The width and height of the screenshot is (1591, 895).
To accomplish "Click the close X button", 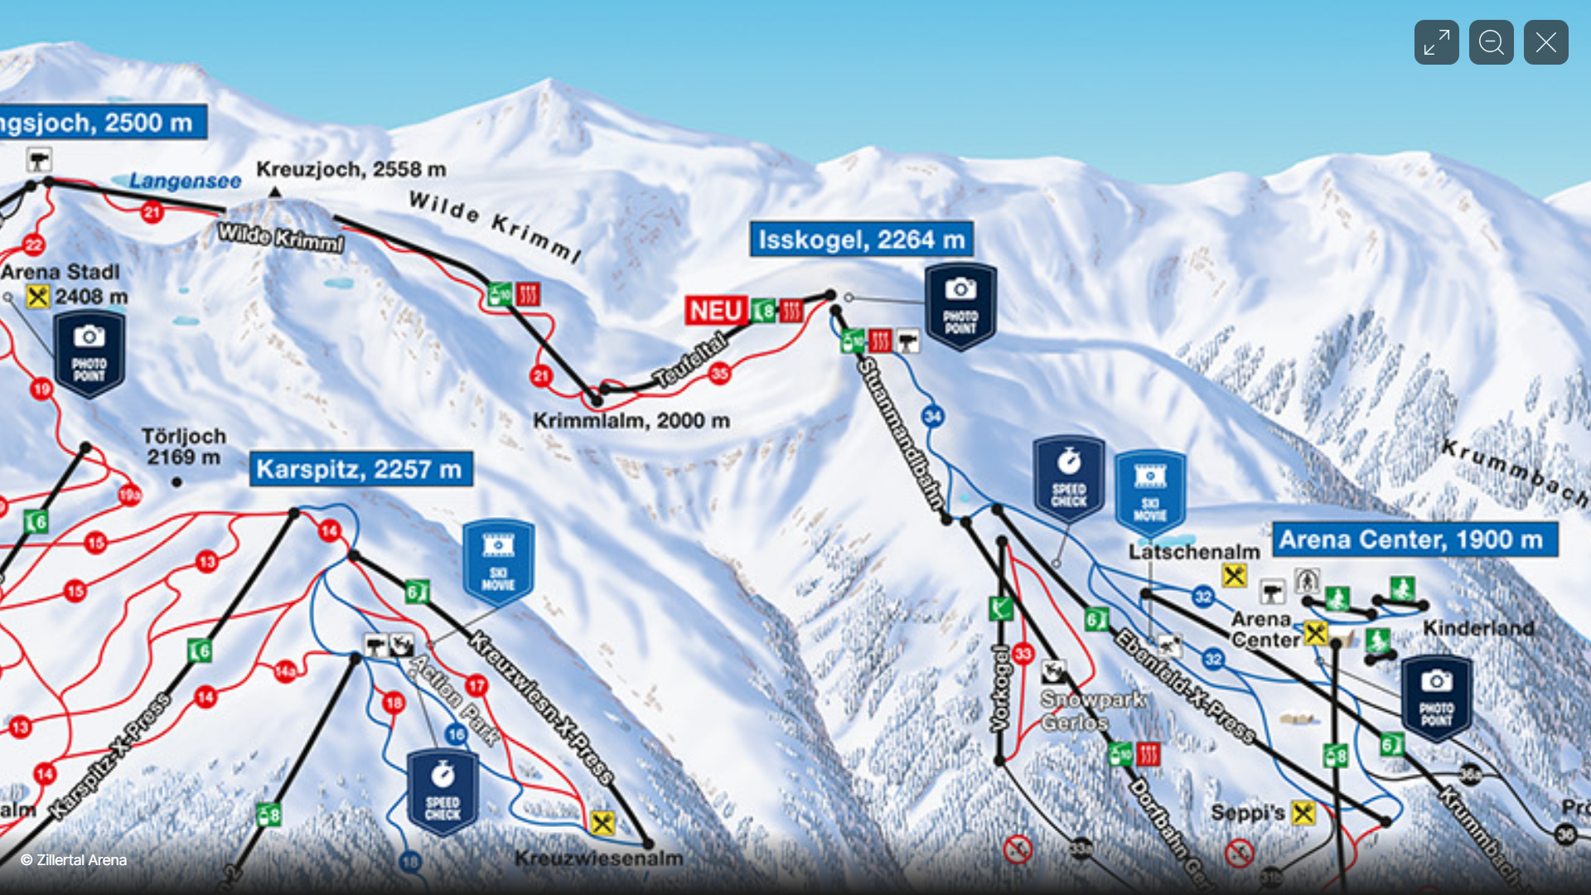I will point(1545,42).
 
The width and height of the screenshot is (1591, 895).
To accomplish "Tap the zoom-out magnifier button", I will point(1491,42).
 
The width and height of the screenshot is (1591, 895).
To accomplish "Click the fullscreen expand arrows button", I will point(1436,42).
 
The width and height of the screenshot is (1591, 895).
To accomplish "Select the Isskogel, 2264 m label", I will point(861,239).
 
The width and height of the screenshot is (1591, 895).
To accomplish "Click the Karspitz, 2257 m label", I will point(360,469).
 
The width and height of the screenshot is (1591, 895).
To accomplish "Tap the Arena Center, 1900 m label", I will point(1414,539).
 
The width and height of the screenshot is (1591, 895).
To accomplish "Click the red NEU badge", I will point(716,311).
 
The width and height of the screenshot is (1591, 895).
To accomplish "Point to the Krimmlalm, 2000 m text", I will point(631,421).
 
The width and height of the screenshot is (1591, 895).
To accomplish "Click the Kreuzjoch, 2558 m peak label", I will point(351,169).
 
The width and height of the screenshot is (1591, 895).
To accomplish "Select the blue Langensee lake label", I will point(186,181).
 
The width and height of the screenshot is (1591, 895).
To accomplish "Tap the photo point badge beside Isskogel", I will point(960,307).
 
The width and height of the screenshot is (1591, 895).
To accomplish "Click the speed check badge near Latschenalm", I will point(1068,478).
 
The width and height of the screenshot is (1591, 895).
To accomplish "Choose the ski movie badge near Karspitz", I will point(498,562).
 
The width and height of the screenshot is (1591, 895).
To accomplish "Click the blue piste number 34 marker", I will point(932,416).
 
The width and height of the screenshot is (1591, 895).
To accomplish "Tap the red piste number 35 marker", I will point(719,374).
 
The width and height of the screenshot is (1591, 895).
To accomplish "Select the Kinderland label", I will point(1478,628).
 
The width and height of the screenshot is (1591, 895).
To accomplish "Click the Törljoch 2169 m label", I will point(183,447).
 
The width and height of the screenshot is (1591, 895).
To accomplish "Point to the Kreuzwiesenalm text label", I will point(599,859).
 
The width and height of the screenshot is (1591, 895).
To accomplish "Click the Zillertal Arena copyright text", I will point(74,860).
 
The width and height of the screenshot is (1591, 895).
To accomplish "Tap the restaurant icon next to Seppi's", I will point(1303,813).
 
